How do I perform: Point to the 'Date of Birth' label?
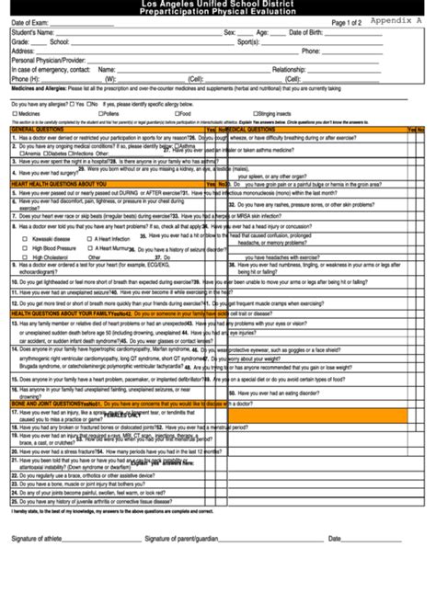307,32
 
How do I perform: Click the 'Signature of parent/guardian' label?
181,539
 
